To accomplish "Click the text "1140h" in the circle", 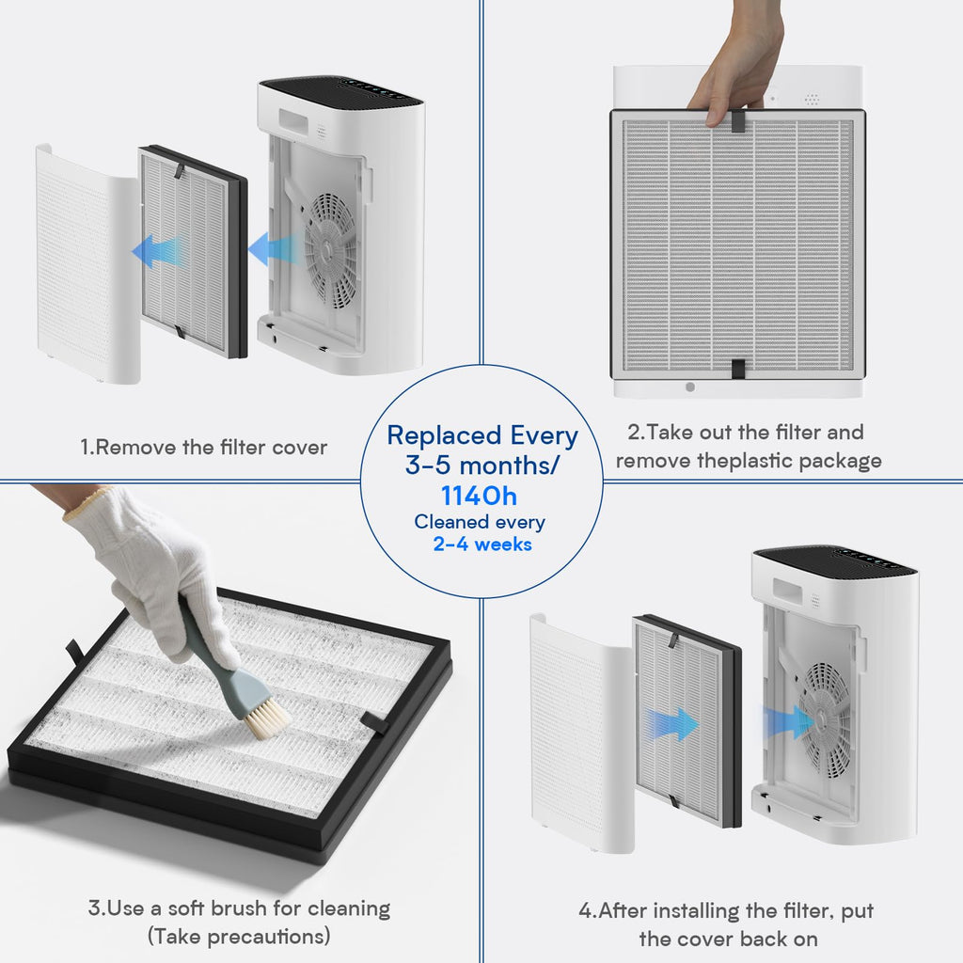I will pos(480,496).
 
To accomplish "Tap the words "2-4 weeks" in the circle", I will pos(481,545).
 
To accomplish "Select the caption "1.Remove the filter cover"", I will pos(203,447).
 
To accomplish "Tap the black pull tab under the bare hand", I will pos(738,119).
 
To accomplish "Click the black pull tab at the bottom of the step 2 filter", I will pos(738,370).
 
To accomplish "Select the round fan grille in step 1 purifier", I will pos(330,251).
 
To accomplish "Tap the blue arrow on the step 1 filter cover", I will pos(157,251).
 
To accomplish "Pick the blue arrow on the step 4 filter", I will pos(671,724).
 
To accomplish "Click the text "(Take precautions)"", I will pos(239,937).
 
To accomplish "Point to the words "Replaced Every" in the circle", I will pos(482,435).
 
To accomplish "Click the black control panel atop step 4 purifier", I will pos(837,560).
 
